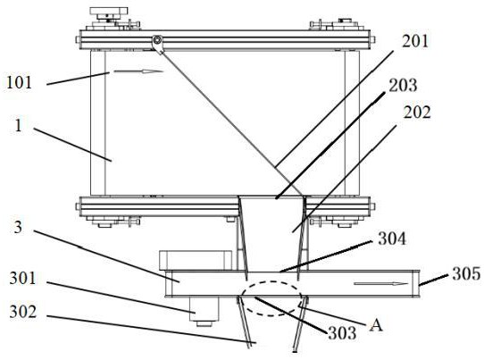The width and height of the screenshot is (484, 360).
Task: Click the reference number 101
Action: pos(19,83)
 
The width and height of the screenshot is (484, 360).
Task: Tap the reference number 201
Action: pos(415,41)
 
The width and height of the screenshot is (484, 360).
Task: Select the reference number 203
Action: pos(403,85)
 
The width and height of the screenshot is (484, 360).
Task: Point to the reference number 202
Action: pos(417,113)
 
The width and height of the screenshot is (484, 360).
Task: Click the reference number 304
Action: pos(392,239)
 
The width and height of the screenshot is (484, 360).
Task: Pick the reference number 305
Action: pos(466,273)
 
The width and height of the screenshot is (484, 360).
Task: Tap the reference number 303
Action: pos(342,333)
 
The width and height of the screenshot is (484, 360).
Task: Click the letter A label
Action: pos(376,325)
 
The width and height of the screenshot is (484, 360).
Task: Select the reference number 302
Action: pos(23,312)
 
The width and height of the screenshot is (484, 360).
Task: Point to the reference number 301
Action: pos(22,278)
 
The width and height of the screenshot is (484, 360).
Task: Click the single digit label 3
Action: pos(18,228)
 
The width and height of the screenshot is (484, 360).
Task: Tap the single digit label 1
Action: pos(19,126)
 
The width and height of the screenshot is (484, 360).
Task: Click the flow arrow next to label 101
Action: pos(138,71)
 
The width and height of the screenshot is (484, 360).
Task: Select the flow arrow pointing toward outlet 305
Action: pos(381,284)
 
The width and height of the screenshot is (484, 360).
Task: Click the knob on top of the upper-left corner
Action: pos(108,11)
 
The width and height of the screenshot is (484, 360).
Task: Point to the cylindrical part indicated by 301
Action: pos(204,309)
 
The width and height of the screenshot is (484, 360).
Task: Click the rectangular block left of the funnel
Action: pos(196,260)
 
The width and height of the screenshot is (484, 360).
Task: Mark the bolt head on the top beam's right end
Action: pos(372,39)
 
